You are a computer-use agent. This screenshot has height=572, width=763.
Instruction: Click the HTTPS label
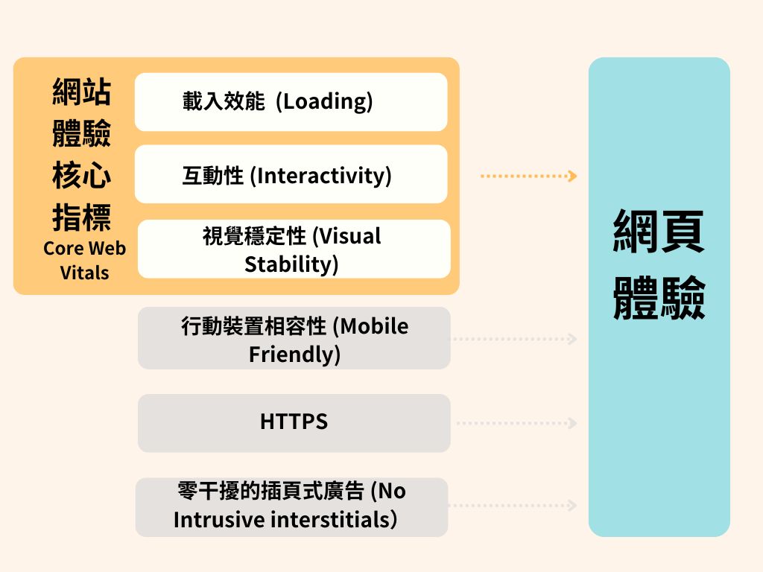(x=294, y=422)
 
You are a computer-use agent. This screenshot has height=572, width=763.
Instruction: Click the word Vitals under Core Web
(x=84, y=273)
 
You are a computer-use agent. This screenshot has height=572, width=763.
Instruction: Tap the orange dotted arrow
(x=529, y=177)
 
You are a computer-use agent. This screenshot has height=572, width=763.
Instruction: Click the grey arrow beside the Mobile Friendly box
(x=514, y=339)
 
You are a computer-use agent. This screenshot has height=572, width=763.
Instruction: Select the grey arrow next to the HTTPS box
(x=516, y=423)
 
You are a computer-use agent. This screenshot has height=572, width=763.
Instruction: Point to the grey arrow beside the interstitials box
(x=514, y=506)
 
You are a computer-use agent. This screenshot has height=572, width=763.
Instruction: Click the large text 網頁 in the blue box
(x=659, y=232)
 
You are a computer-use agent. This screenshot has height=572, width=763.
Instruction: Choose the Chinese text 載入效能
(x=224, y=101)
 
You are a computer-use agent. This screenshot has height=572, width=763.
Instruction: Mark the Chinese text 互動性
(x=213, y=176)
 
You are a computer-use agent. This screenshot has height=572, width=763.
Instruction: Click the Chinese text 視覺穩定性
(x=254, y=237)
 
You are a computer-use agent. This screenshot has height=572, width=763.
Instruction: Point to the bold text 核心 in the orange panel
(x=81, y=177)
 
